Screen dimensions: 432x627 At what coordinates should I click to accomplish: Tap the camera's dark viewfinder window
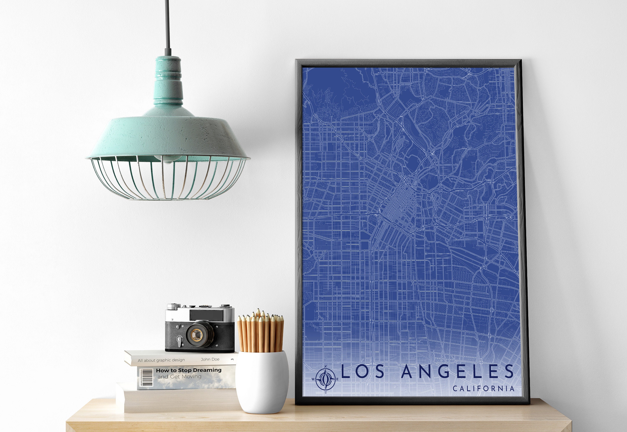coord(206,314)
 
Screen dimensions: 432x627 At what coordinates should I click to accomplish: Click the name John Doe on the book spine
coord(210,359)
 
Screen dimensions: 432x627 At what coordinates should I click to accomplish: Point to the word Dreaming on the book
coord(207,370)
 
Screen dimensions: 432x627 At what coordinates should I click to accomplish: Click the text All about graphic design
coord(161,360)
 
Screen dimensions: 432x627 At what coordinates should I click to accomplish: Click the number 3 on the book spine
coord(232,359)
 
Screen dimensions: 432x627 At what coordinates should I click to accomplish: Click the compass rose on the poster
coord(326,379)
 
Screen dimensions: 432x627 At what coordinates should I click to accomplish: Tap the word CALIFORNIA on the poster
coord(483,389)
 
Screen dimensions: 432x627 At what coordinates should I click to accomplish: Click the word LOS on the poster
coord(363,371)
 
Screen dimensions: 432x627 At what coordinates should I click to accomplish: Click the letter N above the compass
coord(326,367)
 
